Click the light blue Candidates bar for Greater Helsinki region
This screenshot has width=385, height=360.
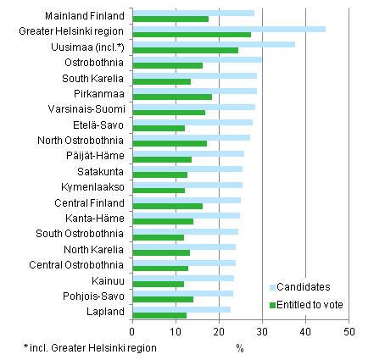[x=229, y=29]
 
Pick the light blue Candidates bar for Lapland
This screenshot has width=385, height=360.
[x=181, y=309]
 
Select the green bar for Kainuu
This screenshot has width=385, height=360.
[x=159, y=284]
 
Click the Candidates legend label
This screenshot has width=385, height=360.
[x=304, y=288]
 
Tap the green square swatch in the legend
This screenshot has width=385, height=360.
[x=273, y=304]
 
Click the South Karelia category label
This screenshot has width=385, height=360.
[x=94, y=78]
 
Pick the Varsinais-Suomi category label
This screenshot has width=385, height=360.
[x=89, y=109]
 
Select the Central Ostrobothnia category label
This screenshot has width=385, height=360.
[x=81, y=264]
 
